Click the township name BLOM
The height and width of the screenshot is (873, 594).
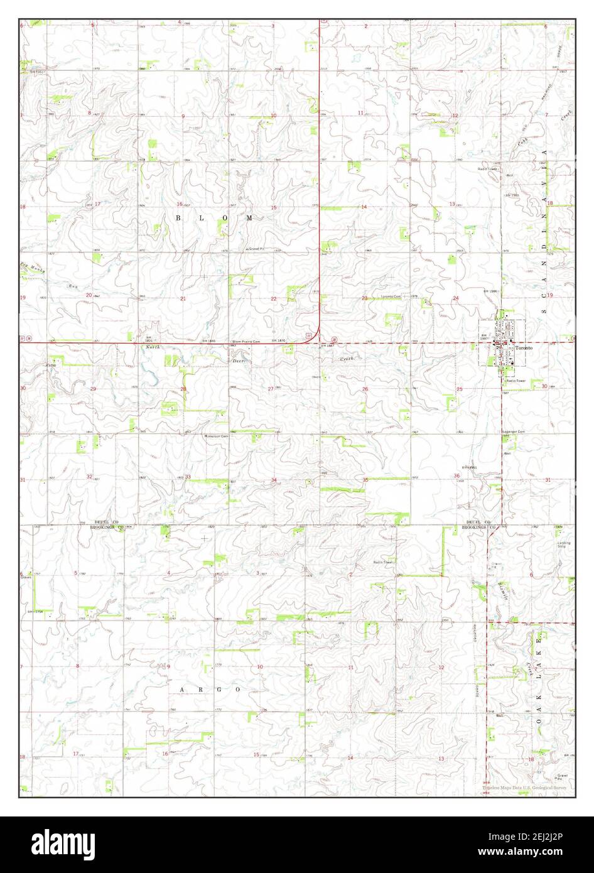[213, 218]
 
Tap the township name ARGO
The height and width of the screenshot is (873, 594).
[210, 689]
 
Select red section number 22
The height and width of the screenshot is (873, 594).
[274, 298]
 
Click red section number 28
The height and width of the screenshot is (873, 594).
[183, 389]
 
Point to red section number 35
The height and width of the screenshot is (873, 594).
[365, 480]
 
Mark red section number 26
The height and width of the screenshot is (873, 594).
[365, 389]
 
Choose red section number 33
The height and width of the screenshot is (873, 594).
[188, 477]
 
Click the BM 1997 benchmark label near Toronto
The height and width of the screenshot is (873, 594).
[485, 337]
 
